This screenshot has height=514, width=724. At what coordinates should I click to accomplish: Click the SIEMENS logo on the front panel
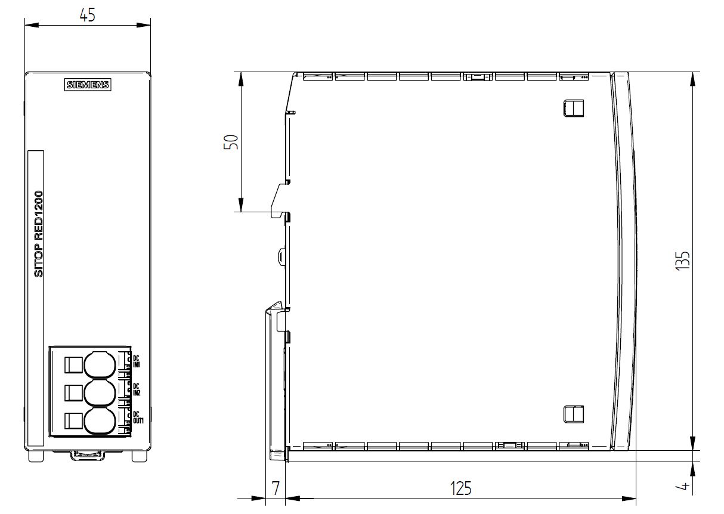click(88, 85)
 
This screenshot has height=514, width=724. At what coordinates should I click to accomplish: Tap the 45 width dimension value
click(88, 15)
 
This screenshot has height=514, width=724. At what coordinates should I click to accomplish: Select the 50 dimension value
click(231, 142)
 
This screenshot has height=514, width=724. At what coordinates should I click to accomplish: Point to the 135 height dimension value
click(683, 261)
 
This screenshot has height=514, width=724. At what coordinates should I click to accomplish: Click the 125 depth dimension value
click(460, 488)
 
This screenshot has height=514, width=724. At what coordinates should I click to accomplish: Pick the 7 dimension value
click(276, 488)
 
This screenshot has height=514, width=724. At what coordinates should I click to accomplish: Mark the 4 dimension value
click(683, 485)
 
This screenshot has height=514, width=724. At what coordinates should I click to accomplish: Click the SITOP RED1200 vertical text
click(38, 234)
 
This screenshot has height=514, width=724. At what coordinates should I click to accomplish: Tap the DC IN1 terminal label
click(137, 361)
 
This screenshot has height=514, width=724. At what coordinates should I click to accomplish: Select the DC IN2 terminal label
click(137, 389)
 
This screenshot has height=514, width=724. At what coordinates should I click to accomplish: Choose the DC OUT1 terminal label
click(138, 417)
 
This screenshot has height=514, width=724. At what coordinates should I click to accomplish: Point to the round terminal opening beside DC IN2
click(100, 393)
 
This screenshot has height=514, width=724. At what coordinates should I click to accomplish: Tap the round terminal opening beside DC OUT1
click(100, 421)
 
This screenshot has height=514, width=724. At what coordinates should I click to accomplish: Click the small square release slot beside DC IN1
click(73, 365)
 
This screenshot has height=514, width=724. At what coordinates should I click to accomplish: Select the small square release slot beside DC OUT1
click(73, 421)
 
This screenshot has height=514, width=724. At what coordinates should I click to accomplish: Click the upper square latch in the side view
click(573, 109)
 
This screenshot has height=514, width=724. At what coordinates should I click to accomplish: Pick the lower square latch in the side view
click(573, 414)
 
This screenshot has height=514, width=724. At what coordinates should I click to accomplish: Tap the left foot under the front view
click(36, 456)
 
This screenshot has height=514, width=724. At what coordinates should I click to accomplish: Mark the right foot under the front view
click(140, 456)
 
